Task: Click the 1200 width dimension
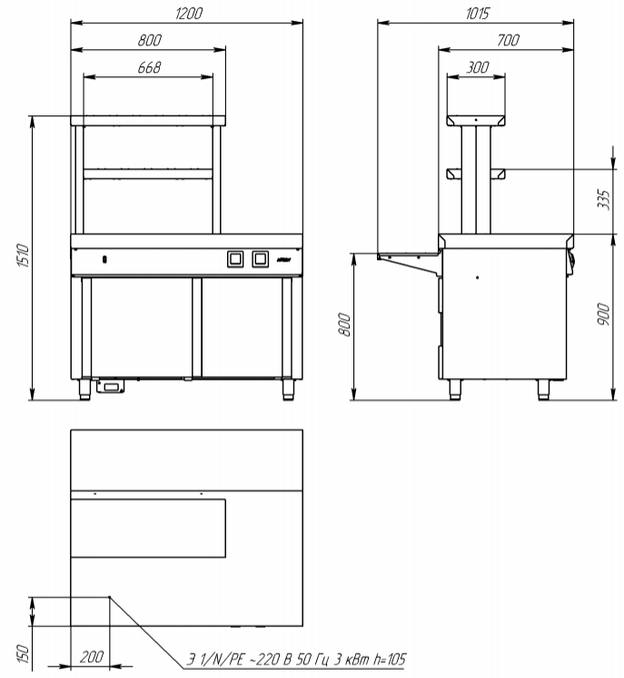(189, 14)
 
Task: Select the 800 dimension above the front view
(150, 40)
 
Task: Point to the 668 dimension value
(150, 67)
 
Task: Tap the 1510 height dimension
(23, 255)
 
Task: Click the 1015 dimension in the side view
(478, 14)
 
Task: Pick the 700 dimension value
(508, 40)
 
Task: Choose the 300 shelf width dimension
(478, 67)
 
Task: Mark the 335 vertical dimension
(604, 199)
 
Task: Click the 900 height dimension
(604, 314)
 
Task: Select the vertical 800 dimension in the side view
(344, 324)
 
